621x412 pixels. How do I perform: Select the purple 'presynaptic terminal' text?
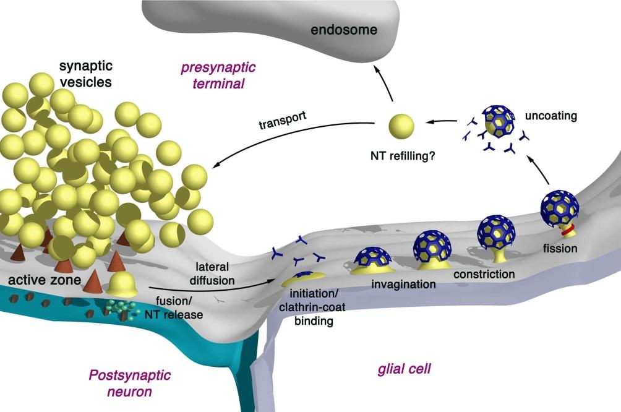click(x=218, y=74)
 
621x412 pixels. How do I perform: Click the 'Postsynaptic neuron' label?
click(x=129, y=383)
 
